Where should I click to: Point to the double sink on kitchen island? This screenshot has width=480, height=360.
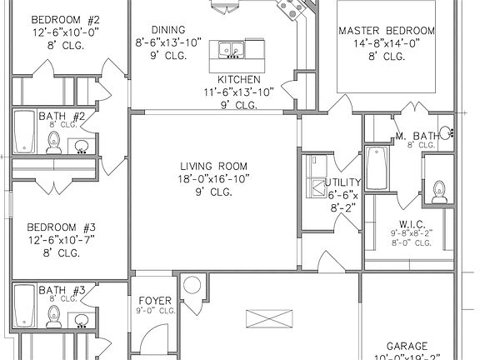coord(228,51)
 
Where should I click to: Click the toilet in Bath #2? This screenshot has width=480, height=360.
coord(54,142)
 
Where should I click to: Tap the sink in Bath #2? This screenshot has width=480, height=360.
coord(82,147)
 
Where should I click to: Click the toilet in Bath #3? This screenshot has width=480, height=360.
coord(54,315)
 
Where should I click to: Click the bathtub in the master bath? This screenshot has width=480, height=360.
coord(378,169)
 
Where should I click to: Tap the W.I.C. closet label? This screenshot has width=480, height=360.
coord(412,223)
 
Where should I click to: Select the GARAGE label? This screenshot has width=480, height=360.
coord(407,346)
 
